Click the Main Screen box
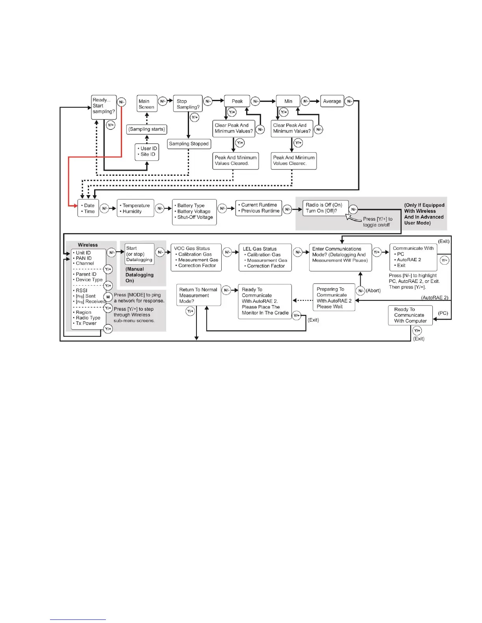click(147, 104)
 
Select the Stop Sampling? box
click(188, 104)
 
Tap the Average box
click(332, 101)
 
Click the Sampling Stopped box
click(189, 144)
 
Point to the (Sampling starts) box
click(147, 129)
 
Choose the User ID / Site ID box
click(147, 151)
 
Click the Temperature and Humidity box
click(135, 208)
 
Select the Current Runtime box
click(259, 208)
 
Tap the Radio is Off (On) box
click(325, 208)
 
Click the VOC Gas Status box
click(196, 257)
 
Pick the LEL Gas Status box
click(265, 258)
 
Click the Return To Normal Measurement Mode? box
click(198, 295)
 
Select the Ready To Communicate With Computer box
click(410, 315)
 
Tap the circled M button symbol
click(108, 297)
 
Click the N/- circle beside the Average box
click(350, 101)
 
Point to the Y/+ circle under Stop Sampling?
click(195, 117)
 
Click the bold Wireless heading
click(88, 245)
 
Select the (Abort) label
click(373, 291)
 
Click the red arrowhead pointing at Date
click(75, 206)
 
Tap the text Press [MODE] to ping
click(137, 295)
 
